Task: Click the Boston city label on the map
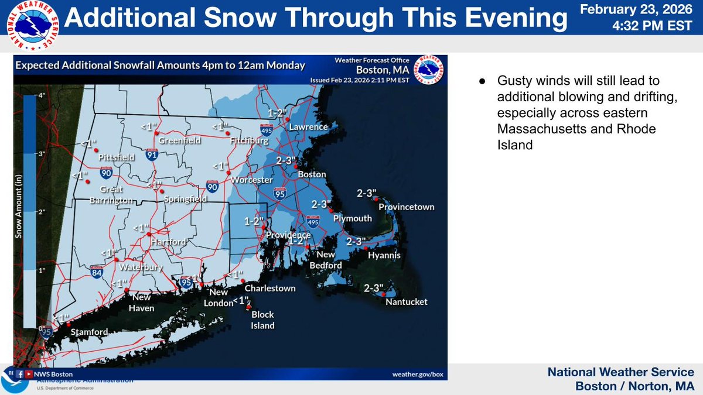pos(312,175)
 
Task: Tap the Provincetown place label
pos(406,207)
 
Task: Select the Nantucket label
pos(406,302)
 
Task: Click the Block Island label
pos(262,321)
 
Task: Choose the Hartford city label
pos(168,242)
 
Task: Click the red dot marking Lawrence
pos(288,119)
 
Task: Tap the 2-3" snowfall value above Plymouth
pos(322,204)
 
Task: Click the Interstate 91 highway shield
pos(152,155)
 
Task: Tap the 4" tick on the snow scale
pos(42,95)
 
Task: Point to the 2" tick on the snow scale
pos(42,212)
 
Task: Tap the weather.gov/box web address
pos(416,374)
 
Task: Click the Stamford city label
pos(89,332)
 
